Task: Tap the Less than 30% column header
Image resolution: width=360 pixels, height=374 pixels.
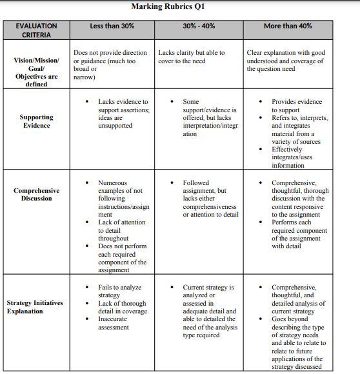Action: [x=112, y=26]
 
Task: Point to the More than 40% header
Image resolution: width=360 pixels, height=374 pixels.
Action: [x=288, y=26]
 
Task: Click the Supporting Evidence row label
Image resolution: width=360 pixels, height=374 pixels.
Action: [x=36, y=121]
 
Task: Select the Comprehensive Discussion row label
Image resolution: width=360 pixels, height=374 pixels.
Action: [x=36, y=194]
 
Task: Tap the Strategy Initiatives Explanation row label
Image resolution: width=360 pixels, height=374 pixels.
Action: [x=36, y=307]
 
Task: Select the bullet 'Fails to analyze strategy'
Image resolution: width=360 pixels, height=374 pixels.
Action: [x=119, y=291]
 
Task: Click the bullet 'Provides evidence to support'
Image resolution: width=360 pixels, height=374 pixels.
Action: [x=296, y=106]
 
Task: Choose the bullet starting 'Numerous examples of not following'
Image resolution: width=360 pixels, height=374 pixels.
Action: [x=122, y=199]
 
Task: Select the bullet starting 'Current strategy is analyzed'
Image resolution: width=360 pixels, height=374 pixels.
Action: [x=209, y=311]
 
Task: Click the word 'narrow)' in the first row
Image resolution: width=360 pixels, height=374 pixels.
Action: [x=85, y=77]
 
